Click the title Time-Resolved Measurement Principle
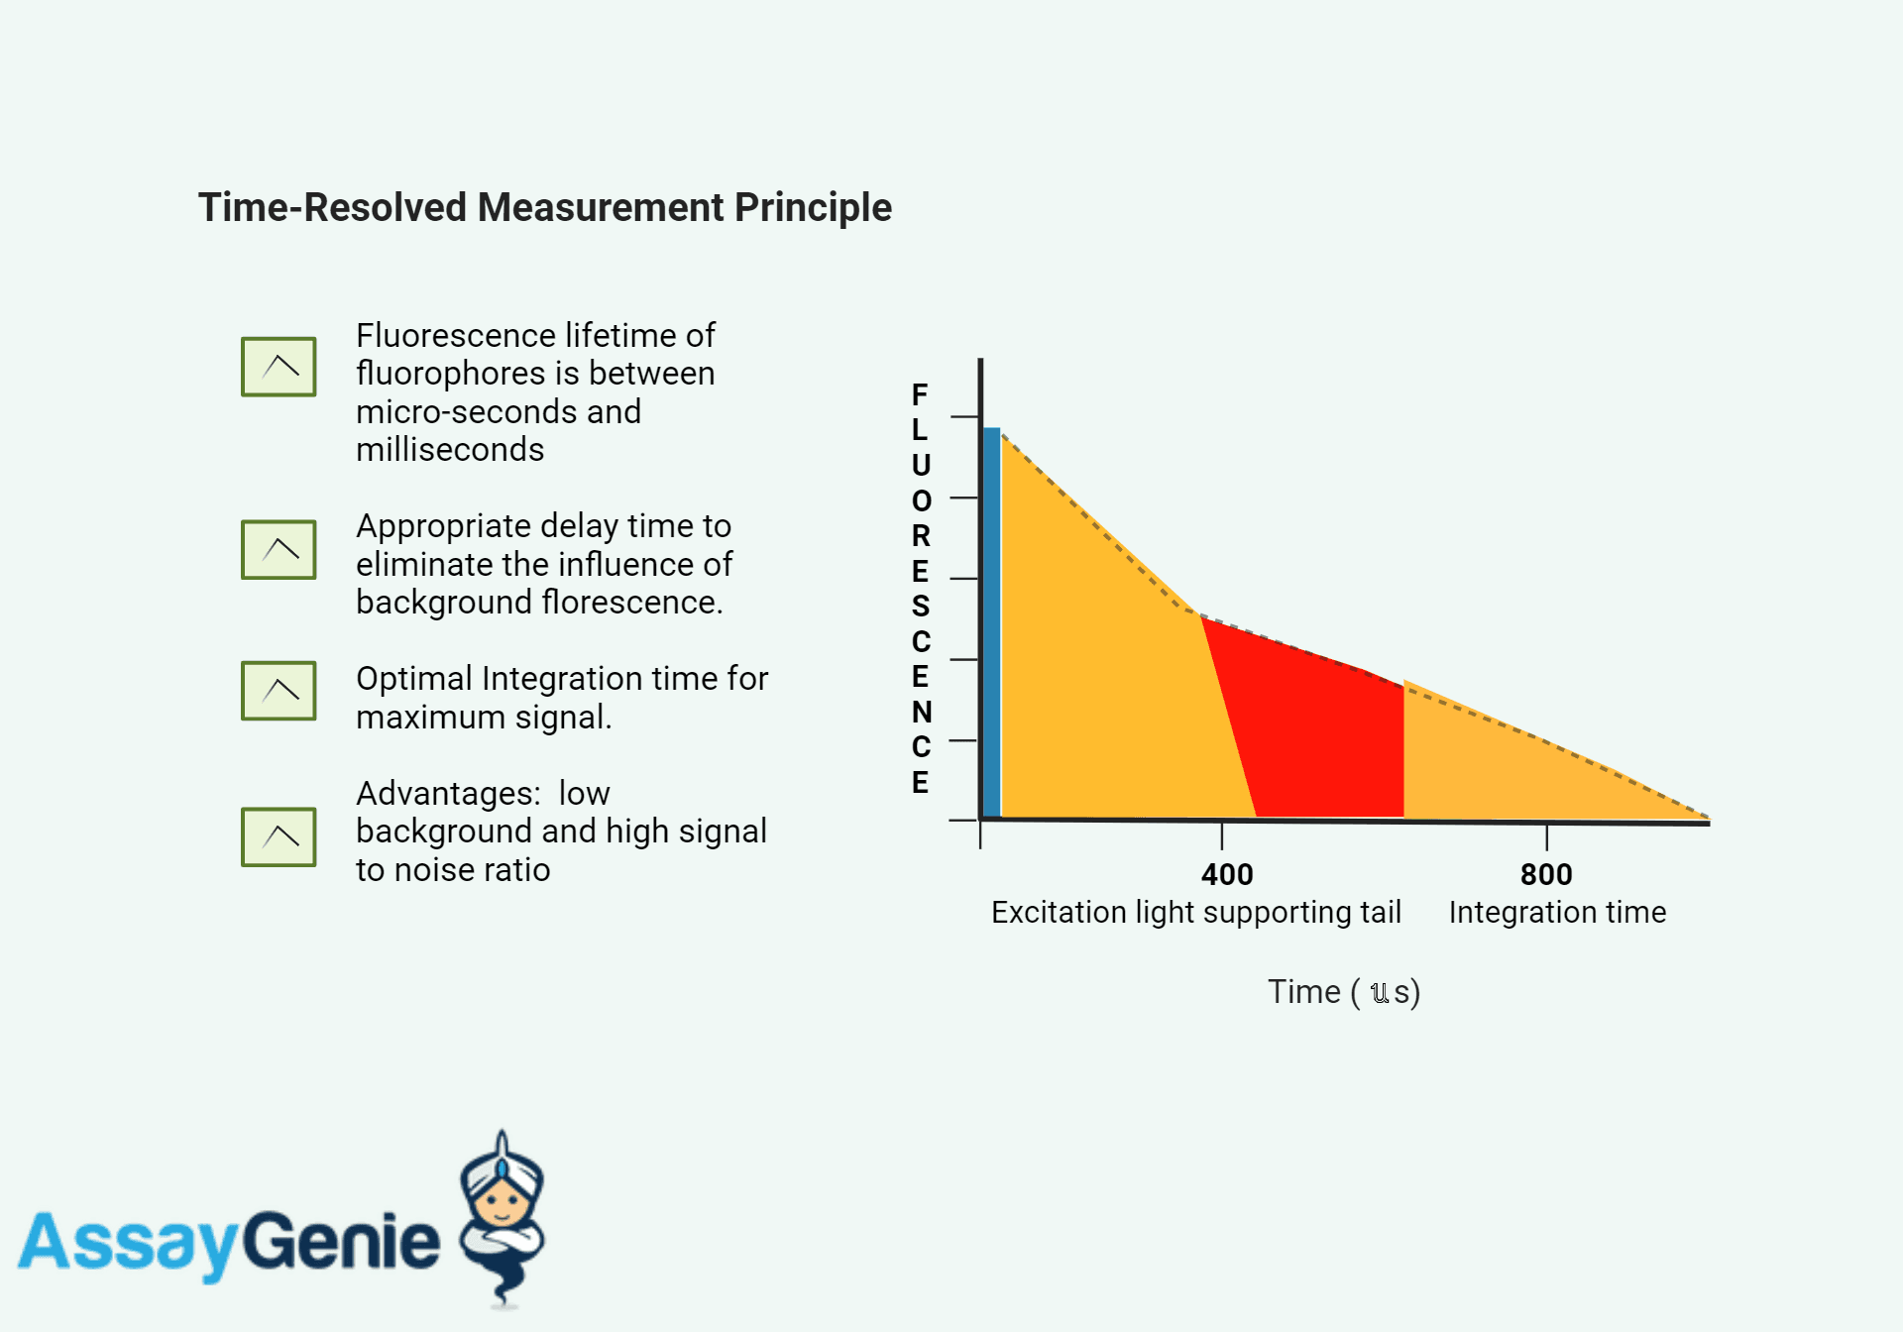[x=544, y=208]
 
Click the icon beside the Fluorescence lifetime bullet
[x=279, y=367]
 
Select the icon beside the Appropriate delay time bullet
[x=279, y=550]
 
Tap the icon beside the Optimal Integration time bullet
[x=279, y=691]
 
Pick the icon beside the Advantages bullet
[x=279, y=837]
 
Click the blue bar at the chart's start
[x=991, y=624]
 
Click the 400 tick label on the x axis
[x=1227, y=874]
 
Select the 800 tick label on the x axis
[x=1546, y=874]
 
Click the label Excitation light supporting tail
[x=1195, y=912]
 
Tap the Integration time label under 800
[x=1557, y=912]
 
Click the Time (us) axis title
[x=1343, y=992]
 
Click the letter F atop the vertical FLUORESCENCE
[x=920, y=394]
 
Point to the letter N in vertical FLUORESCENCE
[x=921, y=712]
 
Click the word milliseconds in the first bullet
[x=450, y=450]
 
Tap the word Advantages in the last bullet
[x=448, y=794]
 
